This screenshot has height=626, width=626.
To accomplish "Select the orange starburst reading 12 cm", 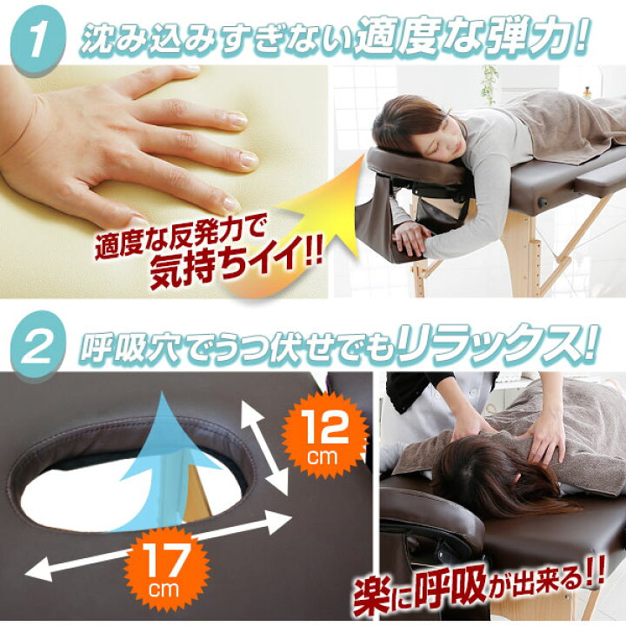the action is click(x=324, y=436).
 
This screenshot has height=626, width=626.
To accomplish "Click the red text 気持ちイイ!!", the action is click(x=236, y=264).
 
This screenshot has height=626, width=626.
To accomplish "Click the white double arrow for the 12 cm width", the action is click(x=264, y=447).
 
